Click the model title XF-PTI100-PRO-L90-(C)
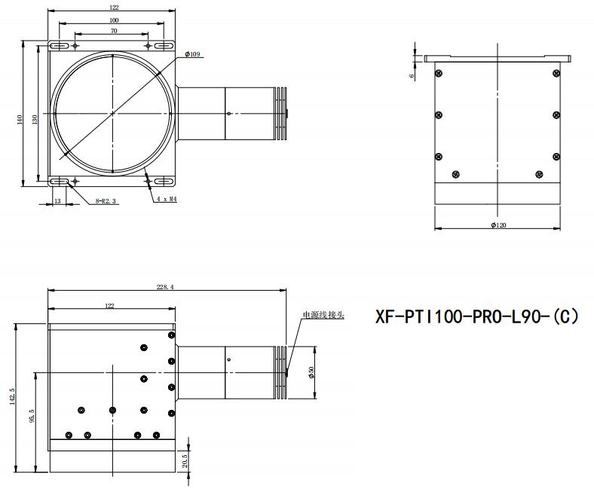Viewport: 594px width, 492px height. coord(477,316)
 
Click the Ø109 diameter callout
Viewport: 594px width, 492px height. coord(192,54)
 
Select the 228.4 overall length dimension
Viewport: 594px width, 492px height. coord(165,287)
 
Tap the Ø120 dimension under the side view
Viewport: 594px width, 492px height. coord(498,225)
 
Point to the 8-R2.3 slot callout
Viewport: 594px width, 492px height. coord(106,201)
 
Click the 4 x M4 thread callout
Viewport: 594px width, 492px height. coord(166,198)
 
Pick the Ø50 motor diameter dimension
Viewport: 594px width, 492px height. coord(311,372)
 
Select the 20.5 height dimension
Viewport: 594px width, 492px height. coord(185,461)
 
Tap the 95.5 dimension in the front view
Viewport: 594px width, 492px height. coord(32,415)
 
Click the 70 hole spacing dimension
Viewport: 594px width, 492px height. coord(114,31)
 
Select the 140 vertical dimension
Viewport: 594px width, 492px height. coord(20,120)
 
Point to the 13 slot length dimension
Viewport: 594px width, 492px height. coord(57,201)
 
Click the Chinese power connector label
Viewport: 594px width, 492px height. coord(323,315)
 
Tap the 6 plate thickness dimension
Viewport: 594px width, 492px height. coord(412,76)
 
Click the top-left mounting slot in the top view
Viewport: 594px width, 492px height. coord(59,46)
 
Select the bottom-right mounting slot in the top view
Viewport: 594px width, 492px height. coord(164,182)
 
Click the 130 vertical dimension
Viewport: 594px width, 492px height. coord(35,120)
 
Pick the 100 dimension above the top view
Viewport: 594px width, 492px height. coord(114,20)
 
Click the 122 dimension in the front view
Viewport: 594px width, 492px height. coord(109,306)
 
